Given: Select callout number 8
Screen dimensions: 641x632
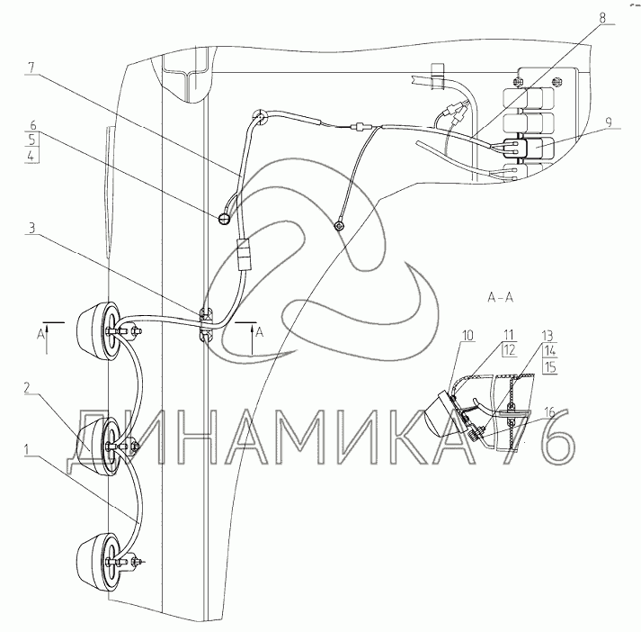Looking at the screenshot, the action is pos(602,18).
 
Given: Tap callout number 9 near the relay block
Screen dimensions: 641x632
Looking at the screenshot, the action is pos(609,122).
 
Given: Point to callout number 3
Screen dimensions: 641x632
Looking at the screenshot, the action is pos(32,228).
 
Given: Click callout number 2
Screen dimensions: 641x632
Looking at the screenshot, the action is pos(27,388).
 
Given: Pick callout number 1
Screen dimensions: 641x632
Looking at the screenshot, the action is pos(27,450).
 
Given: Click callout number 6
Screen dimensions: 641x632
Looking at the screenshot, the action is pos(32,125).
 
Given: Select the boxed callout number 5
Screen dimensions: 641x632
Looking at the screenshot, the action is pos(32,140).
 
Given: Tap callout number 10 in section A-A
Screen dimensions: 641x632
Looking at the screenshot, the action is pos(467,335).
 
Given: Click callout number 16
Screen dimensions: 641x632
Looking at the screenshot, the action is pos(550,412).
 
